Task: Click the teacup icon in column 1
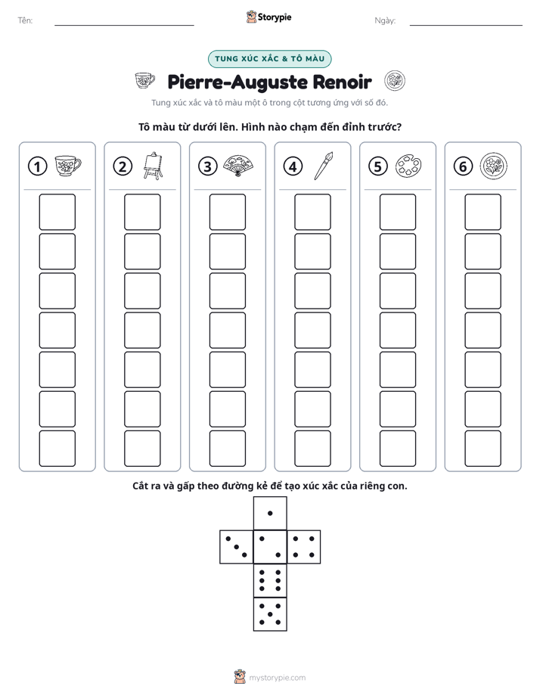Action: (x=68, y=166)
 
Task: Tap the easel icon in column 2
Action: (x=153, y=166)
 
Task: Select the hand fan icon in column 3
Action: (x=238, y=166)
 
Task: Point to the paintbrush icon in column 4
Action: (x=324, y=166)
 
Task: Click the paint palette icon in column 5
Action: (x=408, y=166)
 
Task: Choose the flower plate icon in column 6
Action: (x=494, y=166)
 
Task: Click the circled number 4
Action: (x=293, y=166)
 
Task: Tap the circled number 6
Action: (x=463, y=166)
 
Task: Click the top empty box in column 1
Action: (x=57, y=212)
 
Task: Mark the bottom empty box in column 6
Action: (x=483, y=449)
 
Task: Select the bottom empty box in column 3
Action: (x=227, y=449)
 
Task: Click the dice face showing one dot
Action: (x=270, y=513)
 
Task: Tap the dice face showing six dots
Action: (x=270, y=580)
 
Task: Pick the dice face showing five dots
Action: (x=270, y=614)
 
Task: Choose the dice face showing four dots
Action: (x=304, y=547)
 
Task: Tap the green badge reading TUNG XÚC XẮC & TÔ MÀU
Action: (x=269, y=59)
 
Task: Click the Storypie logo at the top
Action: (x=268, y=17)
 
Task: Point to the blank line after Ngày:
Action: (x=466, y=25)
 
